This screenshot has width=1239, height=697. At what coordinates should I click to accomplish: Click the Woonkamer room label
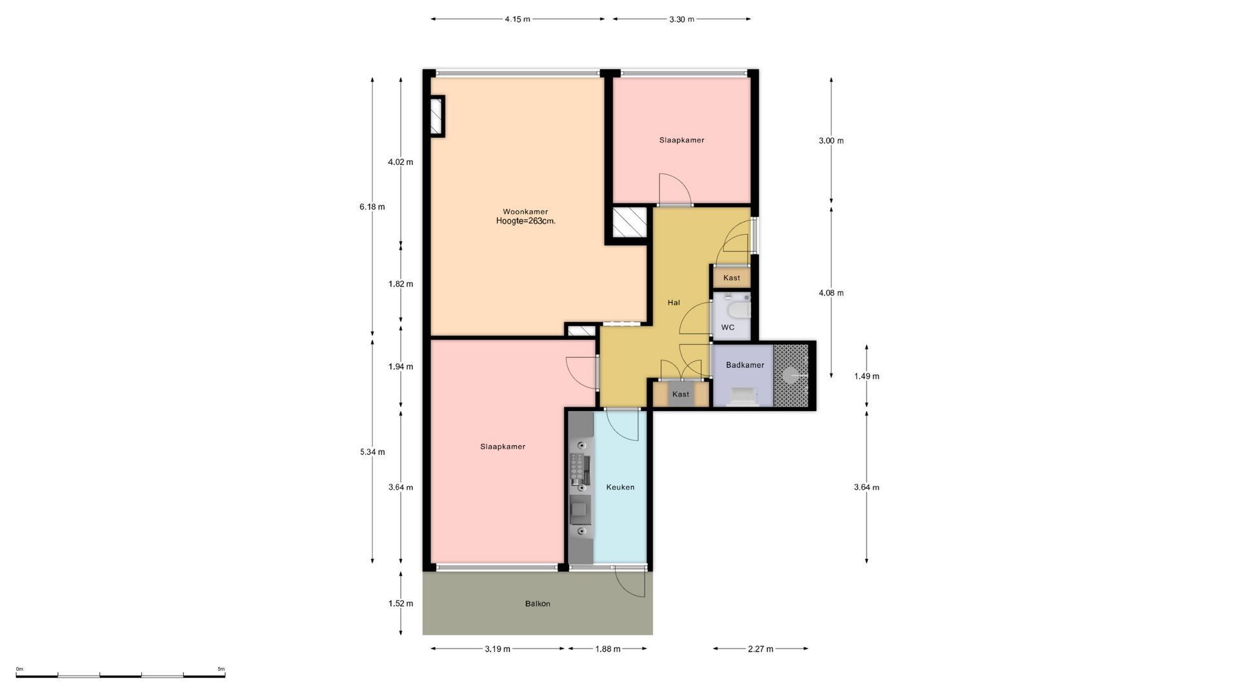[x=525, y=212]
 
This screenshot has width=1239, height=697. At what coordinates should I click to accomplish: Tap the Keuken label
[x=620, y=487]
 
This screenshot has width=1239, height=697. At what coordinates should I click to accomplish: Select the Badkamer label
[x=745, y=365]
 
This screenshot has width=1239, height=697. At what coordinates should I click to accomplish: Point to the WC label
[x=728, y=327]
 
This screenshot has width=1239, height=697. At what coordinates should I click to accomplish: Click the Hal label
[x=674, y=303]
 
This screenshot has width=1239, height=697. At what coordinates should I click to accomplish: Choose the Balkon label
[x=538, y=604]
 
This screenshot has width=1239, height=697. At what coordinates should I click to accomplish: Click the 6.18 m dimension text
[x=372, y=207]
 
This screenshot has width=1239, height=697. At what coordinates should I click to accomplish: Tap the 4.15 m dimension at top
[x=518, y=19]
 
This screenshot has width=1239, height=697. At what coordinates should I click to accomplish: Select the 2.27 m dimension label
[x=760, y=649]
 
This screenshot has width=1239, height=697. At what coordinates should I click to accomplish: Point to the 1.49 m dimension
[x=867, y=376]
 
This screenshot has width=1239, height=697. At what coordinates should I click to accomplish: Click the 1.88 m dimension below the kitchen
[x=607, y=649]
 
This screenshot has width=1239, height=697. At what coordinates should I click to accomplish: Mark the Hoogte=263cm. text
[x=525, y=221]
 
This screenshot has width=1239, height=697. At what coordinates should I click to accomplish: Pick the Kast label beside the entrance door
[x=732, y=278]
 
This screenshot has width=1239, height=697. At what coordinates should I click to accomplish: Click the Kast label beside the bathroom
[x=681, y=394]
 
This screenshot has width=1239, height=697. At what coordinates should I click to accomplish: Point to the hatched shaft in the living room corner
[x=437, y=116]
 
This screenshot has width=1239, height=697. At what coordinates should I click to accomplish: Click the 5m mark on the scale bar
[x=221, y=669]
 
